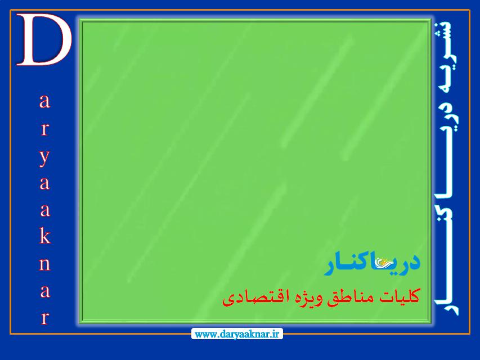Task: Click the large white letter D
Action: coord(44,40)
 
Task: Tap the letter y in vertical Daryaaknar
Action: coord(44,157)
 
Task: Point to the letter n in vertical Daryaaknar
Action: coord(44,264)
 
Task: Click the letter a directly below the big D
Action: coord(44,101)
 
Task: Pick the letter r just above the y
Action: coord(44,129)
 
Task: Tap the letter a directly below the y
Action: coord(44,183)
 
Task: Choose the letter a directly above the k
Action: coord(45,210)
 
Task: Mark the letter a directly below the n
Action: coord(45,291)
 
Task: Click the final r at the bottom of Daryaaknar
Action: coord(45,318)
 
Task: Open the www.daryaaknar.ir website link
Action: coord(237,334)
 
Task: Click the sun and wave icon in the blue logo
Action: coord(383,263)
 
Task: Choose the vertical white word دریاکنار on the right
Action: coord(447,208)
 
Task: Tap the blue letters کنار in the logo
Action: coord(349,263)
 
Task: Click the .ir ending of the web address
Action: coord(276,334)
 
